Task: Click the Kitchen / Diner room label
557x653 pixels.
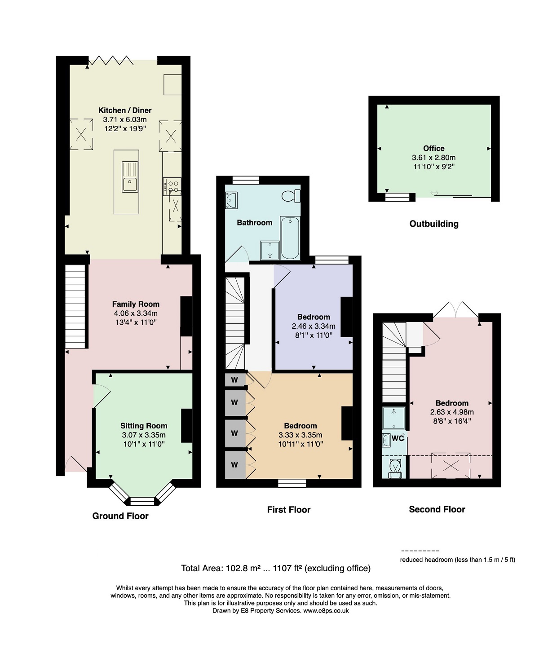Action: [x=125, y=110]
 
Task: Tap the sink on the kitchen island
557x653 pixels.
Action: [x=130, y=176]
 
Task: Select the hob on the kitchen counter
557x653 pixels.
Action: [x=172, y=186]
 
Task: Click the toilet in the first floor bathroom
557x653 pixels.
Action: [x=291, y=196]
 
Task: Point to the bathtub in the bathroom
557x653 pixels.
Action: [x=290, y=238]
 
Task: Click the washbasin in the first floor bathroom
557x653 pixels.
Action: [x=231, y=200]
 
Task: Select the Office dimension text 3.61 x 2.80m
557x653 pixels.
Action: [x=433, y=158]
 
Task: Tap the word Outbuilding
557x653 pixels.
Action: [x=434, y=224]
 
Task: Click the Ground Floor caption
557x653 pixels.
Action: [x=120, y=516]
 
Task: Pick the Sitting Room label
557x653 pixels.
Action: [x=144, y=426]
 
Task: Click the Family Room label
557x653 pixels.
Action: [x=136, y=304]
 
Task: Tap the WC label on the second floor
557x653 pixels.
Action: [x=398, y=438]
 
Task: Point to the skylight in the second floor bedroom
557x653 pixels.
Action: [x=451, y=466]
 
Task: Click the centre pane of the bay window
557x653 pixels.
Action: [x=142, y=501]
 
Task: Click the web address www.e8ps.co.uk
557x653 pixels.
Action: [x=326, y=610]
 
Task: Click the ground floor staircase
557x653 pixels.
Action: [x=75, y=306]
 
